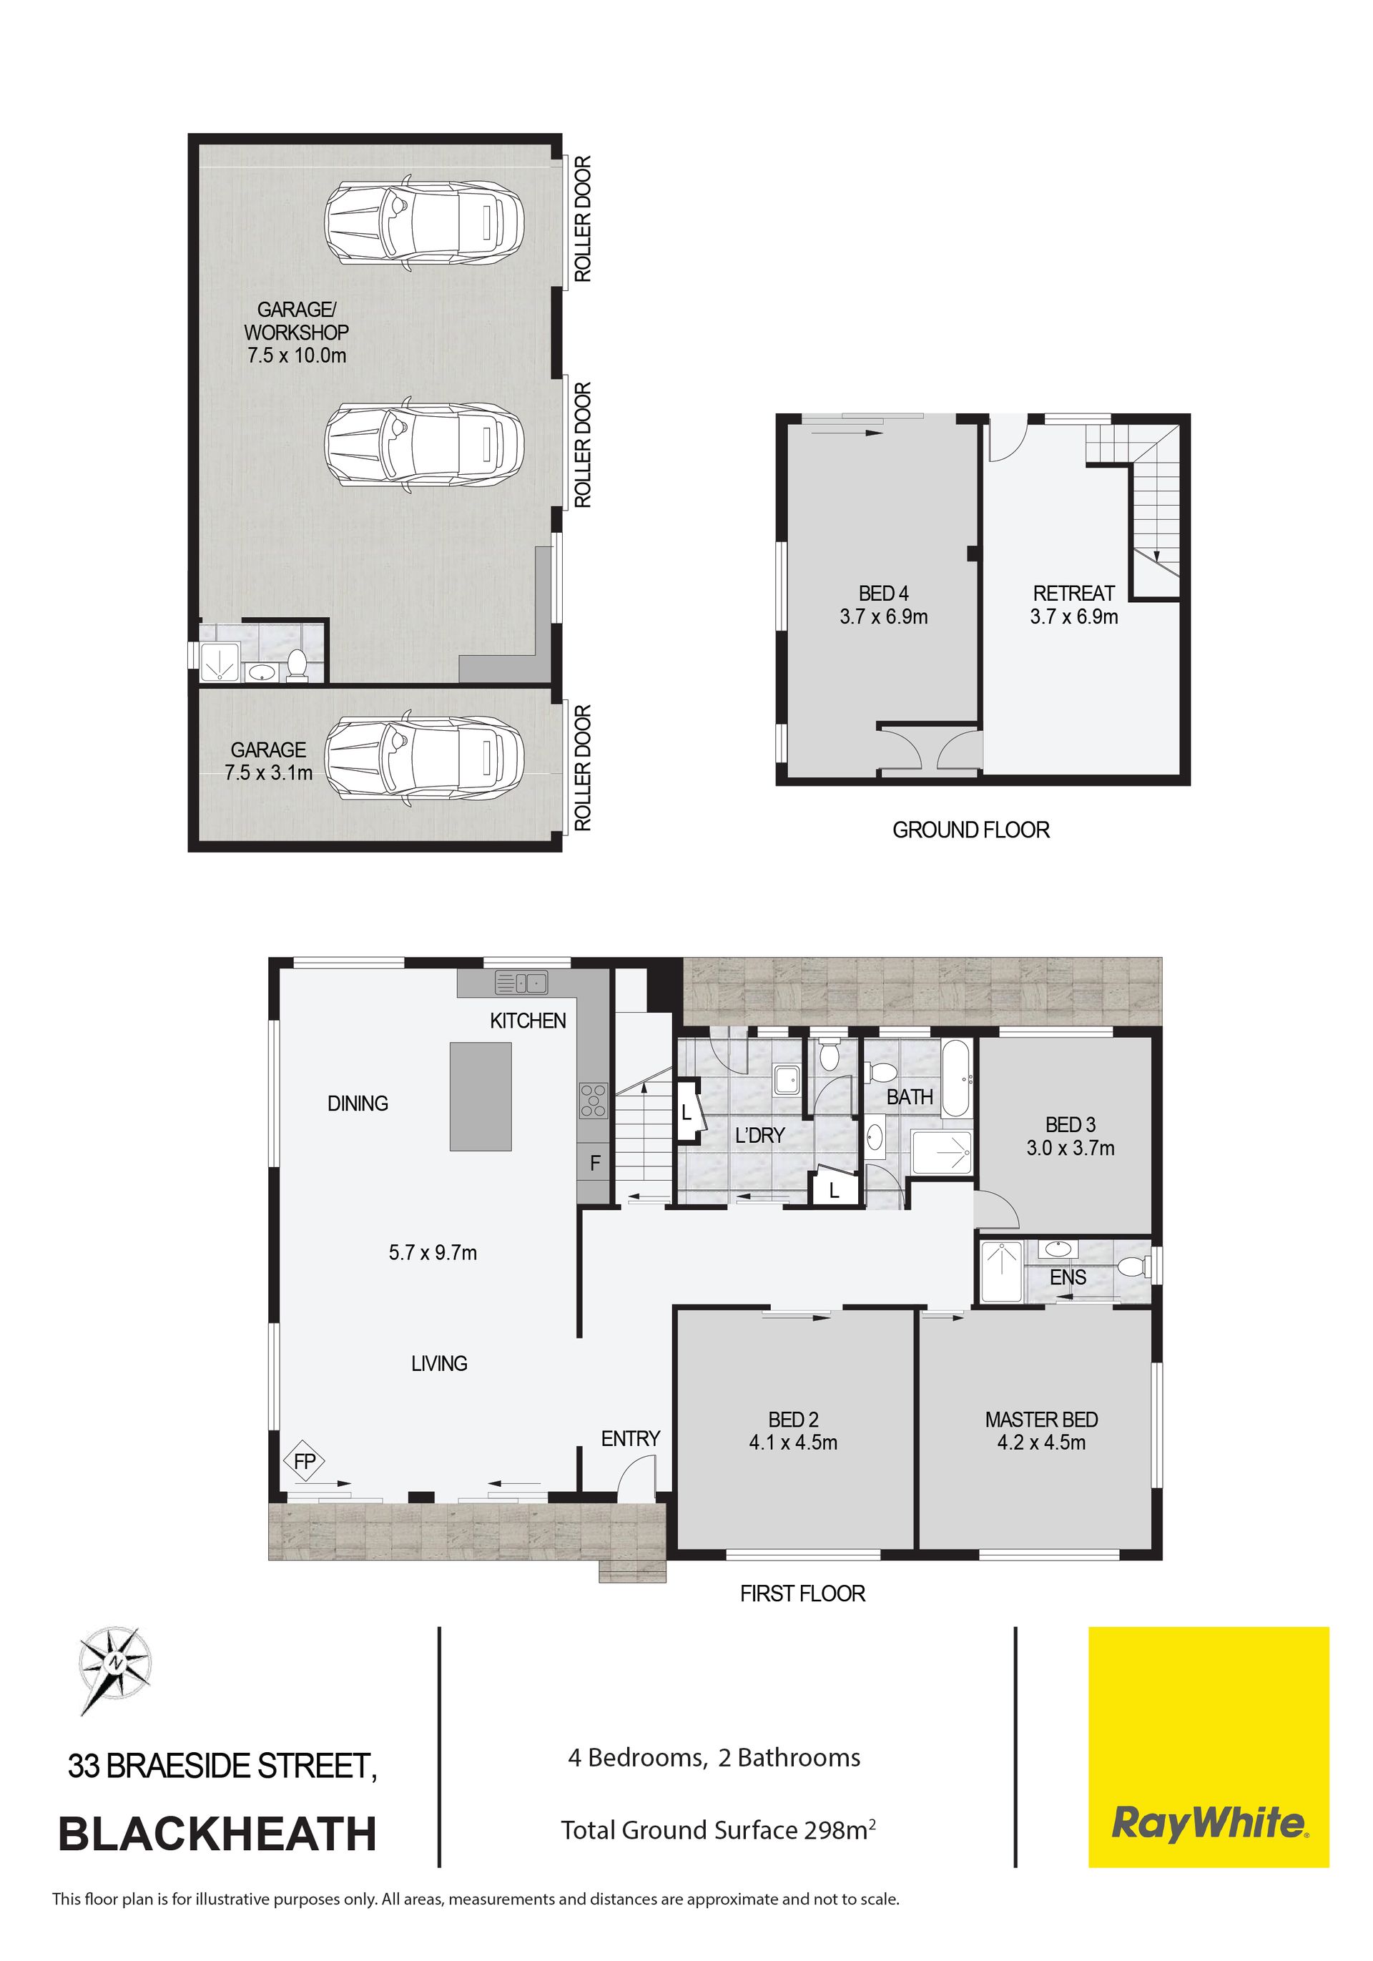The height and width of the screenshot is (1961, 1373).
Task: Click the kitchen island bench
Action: tap(481, 1096)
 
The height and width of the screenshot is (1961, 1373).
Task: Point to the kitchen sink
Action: tap(521, 983)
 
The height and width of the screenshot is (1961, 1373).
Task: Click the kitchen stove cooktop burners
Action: tap(594, 1100)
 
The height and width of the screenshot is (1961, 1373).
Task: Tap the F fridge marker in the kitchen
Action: tap(595, 1162)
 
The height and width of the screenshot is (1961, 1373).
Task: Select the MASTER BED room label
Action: tap(1041, 1420)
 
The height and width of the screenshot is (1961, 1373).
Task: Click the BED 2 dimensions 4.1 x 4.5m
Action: tap(792, 1443)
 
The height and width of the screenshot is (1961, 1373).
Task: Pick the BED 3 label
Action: tap(1070, 1125)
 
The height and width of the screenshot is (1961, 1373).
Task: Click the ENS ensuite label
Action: tap(1068, 1277)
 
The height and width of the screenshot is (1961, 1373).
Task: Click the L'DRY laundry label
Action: tap(759, 1135)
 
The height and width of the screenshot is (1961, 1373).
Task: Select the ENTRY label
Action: tap(630, 1438)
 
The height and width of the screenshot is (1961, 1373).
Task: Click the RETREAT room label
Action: tap(1073, 593)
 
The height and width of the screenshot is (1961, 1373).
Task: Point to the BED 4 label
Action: tap(883, 593)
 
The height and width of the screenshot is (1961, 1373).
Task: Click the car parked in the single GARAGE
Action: tap(423, 757)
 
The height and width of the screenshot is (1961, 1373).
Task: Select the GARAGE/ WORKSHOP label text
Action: tap(296, 320)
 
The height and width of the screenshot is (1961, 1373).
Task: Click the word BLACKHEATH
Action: tap(217, 1834)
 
